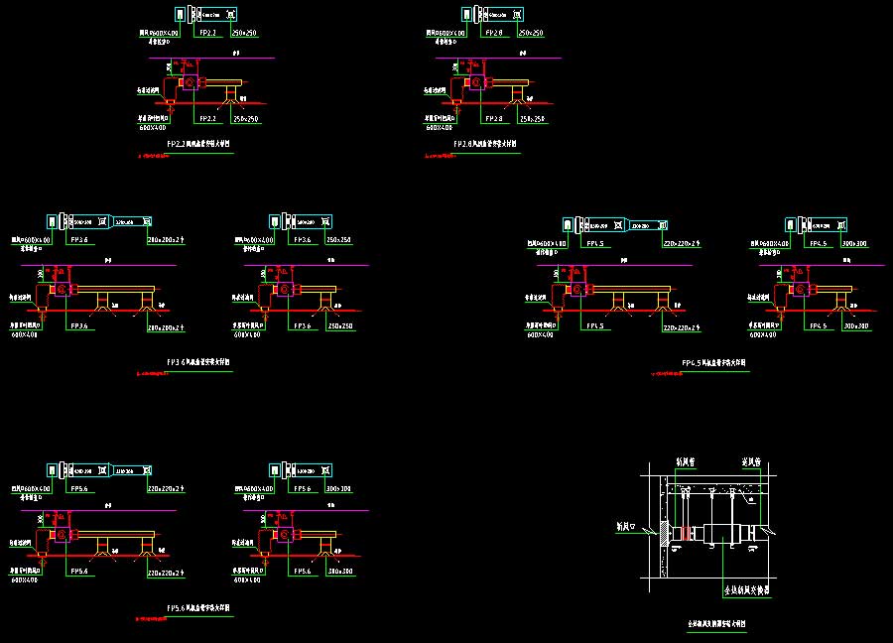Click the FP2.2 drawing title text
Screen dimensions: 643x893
coord(198,144)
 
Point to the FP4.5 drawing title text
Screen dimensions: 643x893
coord(714,363)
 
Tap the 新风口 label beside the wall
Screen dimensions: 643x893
coord(627,524)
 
